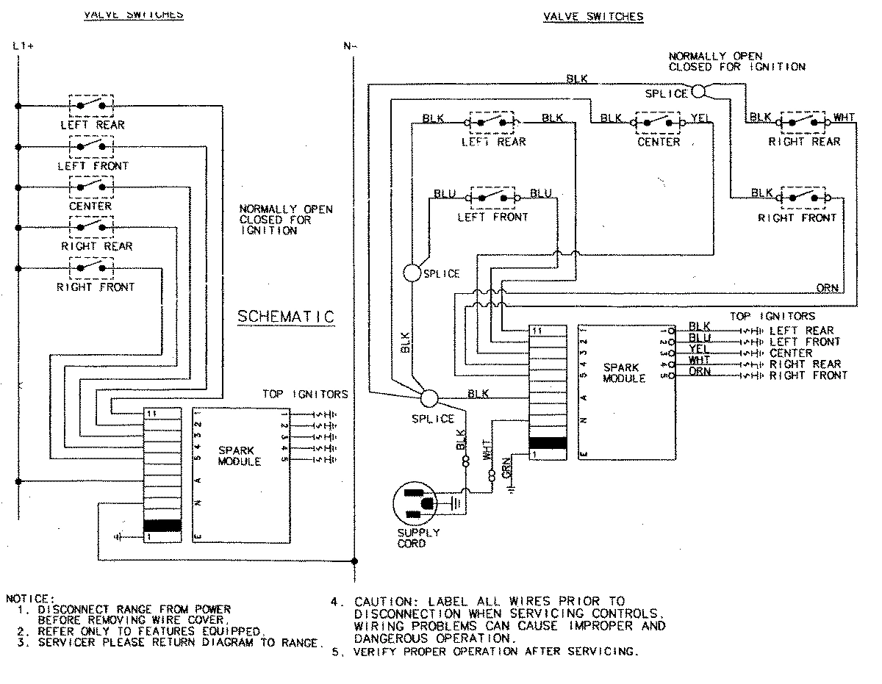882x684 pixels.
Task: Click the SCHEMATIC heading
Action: [x=286, y=317]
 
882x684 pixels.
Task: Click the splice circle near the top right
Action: [x=698, y=91]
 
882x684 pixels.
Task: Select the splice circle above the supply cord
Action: [x=429, y=398]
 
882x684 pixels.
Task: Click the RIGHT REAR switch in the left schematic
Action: [x=92, y=228]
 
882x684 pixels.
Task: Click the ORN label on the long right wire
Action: [x=827, y=289]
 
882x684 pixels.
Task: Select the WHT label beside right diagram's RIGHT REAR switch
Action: [x=843, y=118]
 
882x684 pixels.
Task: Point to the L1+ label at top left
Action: [x=24, y=46]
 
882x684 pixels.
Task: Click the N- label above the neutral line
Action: [x=350, y=46]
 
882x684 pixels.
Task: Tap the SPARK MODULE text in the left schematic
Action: [x=240, y=456]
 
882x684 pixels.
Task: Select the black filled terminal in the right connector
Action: [x=548, y=442]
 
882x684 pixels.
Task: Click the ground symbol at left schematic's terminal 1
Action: [x=118, y=538]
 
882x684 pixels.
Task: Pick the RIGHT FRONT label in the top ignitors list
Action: [x=808, y=375]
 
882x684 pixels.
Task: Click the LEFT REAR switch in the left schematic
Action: [x=92, y=106]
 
